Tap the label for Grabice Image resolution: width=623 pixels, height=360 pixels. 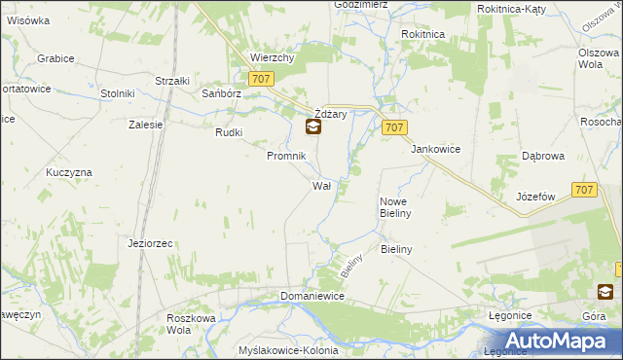coord(55,58)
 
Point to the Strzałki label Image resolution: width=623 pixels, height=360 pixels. coord(171,81)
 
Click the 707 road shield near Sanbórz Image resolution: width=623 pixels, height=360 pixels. coord(260,80)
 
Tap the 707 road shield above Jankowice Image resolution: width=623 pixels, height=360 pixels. coord(394,127)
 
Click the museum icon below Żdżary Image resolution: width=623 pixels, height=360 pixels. coord(312,126)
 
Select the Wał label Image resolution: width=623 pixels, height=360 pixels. coord(323,185)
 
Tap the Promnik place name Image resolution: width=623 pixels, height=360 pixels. coord(287,156)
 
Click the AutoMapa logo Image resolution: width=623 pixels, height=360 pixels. coord(559,341)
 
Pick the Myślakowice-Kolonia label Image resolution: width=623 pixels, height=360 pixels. coord(288,350)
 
